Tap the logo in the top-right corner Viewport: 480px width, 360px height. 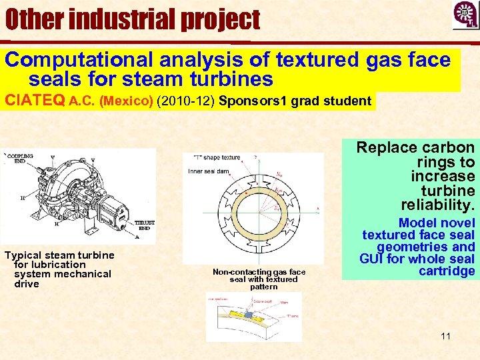click(x=465, y=15)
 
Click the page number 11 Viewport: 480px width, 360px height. click(x=445, y=335)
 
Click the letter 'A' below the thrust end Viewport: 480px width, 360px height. click(x=137, y=235)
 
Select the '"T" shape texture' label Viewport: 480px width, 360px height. click(x=216, y=157)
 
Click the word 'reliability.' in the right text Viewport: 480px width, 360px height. click(x=438, y=204)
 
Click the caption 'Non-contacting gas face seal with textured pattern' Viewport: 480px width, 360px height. click(x=259, y=279)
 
